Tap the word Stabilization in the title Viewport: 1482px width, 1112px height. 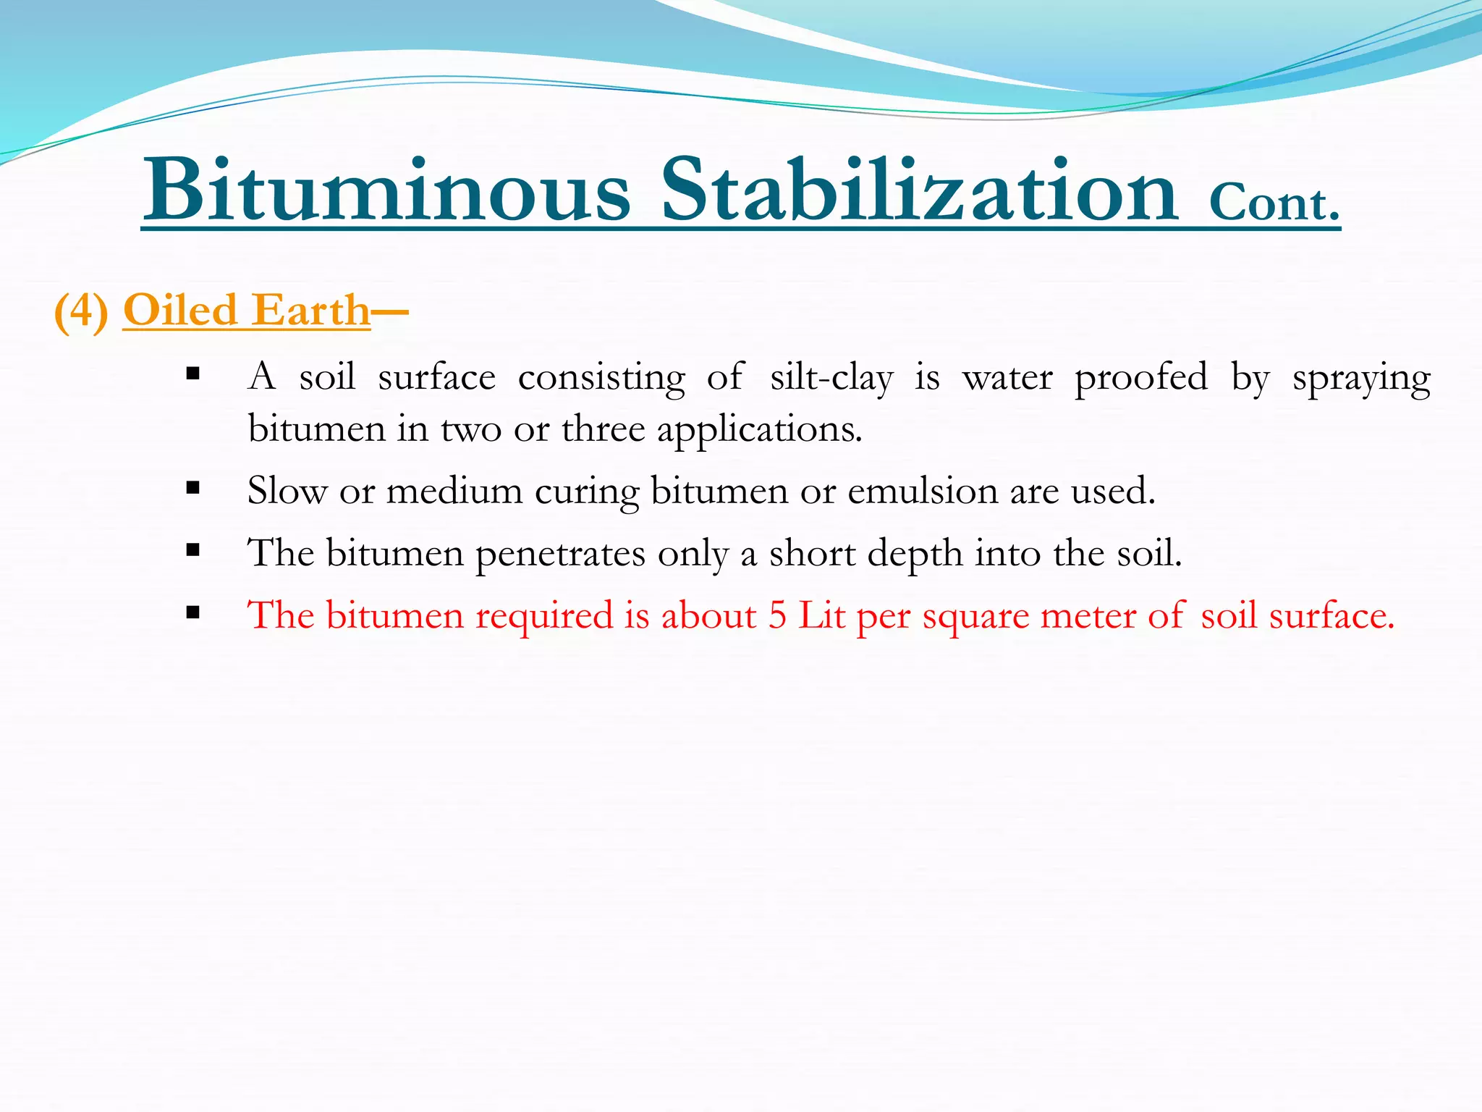[x=920, y=190]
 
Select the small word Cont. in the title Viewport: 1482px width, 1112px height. [x=1274, y=203]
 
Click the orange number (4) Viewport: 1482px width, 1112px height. [x=82, y=311]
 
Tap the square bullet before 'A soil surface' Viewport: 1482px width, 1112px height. [x=192, y=374]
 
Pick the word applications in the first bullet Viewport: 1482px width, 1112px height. [x=759, y=430]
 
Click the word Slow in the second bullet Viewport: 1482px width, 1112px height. [x=287, y=491]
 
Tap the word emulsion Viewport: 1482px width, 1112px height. [x=923, y=491]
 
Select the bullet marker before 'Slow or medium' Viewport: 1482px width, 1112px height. [x=192, y=488]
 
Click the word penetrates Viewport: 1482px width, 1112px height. [x=560, y=554]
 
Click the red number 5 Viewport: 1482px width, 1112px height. [x=777, y=615]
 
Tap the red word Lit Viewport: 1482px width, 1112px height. [x=821, y=615]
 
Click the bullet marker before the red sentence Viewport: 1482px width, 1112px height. [x=192, y=612]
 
